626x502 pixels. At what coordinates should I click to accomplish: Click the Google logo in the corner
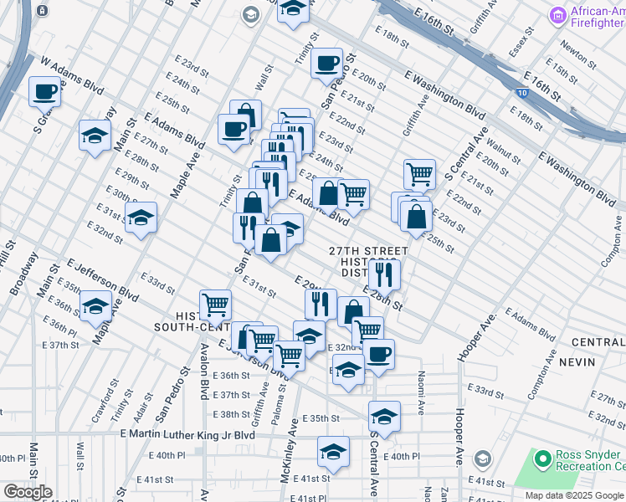[x=28, y=492]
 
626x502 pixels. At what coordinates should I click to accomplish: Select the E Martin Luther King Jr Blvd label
[x=187, y=434]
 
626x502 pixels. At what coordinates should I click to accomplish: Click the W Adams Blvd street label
[x=73, y=74]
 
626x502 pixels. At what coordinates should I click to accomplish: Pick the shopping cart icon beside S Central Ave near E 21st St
[x=419, y=173]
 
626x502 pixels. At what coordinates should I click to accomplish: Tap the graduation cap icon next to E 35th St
[x=383, y=415]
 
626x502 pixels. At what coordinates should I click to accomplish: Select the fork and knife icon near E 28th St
[x=383, y=273]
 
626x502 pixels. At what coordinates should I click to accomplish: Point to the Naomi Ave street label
[x=422, y=384]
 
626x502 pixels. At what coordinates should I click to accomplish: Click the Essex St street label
[x=526, y=40]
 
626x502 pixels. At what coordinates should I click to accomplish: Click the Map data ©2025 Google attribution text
[x=574, y=495]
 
